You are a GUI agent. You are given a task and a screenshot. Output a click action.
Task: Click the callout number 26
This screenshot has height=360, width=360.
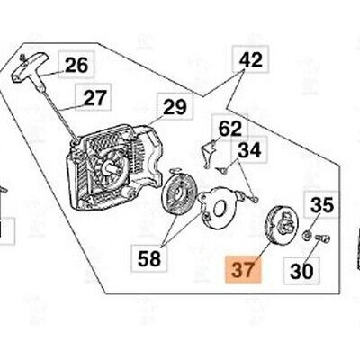coord(76,65)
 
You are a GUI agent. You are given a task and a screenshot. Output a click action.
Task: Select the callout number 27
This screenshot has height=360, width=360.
coord(94,98)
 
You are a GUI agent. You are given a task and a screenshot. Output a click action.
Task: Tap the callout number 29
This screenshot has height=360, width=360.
coord(175,107)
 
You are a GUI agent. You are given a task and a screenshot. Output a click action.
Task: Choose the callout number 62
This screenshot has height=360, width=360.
coord(230,129)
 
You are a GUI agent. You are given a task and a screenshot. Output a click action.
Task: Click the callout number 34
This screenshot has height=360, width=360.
coord(249,150)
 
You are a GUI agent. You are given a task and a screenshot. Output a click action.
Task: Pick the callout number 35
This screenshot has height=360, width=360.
coord(322,205)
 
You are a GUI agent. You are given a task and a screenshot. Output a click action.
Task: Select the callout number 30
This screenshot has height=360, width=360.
coord(301,271)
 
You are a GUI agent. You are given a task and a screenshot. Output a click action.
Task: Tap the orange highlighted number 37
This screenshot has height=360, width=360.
coord(243,269)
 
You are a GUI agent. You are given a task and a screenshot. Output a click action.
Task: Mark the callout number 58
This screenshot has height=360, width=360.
coord(149,258)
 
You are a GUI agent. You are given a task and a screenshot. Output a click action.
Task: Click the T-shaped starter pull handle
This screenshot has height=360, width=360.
coord(29,69)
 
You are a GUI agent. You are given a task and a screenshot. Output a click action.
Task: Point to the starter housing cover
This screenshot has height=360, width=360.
coord(114,166)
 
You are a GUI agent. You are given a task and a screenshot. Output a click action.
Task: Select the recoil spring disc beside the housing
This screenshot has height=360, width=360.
coord(178,193)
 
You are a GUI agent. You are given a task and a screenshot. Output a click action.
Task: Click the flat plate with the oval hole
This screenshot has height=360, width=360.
coord(220,208)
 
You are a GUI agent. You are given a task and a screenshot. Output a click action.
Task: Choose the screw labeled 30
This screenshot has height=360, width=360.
coord(322,238)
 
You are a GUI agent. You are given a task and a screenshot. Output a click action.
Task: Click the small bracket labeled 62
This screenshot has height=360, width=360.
coord(210,153)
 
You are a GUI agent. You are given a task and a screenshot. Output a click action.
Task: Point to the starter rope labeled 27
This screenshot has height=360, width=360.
coord(59,114)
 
